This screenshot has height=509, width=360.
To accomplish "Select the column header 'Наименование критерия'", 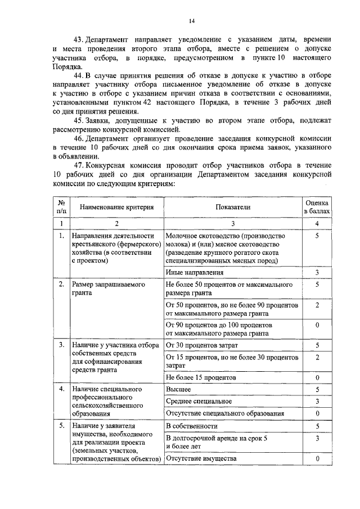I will point(116,207).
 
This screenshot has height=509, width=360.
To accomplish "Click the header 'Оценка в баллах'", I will point(318,206).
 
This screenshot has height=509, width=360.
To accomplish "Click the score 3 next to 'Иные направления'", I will point(318,273).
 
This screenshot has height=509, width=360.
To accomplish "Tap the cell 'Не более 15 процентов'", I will point(201,377).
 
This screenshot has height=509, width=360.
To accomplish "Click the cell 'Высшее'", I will point(178,389).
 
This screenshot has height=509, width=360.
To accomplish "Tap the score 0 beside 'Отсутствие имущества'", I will point(318,458).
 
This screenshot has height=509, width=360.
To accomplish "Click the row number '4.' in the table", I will point(61,389).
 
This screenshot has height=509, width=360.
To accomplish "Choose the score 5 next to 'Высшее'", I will point(318,389).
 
